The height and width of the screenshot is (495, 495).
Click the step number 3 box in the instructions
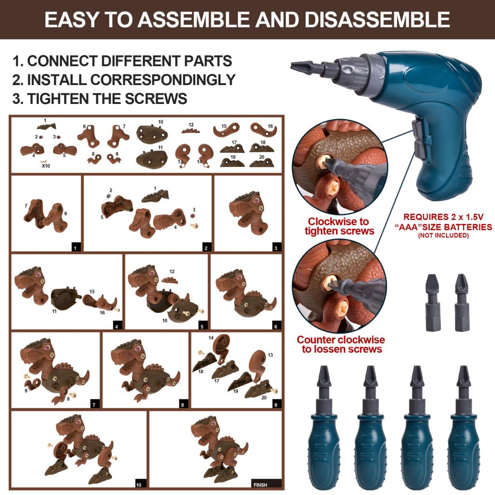276,248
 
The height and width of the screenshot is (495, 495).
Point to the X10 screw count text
46,165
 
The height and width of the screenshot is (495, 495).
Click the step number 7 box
95,404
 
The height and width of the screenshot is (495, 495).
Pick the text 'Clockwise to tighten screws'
339,226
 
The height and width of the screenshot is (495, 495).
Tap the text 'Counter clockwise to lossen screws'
341,344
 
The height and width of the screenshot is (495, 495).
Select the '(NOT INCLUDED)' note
443,235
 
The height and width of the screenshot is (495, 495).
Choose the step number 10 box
139,484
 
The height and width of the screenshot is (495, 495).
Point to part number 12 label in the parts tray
191,125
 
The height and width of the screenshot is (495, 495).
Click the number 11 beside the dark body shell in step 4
54,311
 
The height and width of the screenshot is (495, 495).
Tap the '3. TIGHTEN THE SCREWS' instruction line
100,98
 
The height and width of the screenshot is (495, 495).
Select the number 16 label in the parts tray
270,126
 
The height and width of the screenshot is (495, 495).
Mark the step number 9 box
276,404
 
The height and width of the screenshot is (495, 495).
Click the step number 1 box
75,248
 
